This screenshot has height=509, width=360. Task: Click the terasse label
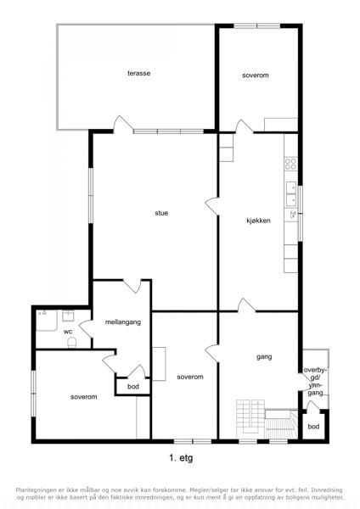pyautogui.click(x=138, y=73)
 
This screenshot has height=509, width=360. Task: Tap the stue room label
pyautogui.click(x=161, y=213)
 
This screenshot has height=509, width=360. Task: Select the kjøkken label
pyautogui.click(x=258, y=221)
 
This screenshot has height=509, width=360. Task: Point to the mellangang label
pyautogui.click(x=123, y=322)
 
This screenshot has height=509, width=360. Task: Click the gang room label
pyautogui.click(x=264, y=357)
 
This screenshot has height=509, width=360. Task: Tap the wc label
pyautogui.click(x=68, y=332)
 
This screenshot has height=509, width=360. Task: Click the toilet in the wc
pyautogui.click(x=72, y=343)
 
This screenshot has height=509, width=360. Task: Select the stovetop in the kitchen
pyautogui.click(x=290, y=164)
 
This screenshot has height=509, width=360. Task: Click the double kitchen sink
pyautogui.click(x=291, y=194)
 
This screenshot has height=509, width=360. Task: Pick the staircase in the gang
pyautogui.click(x=267, y=420)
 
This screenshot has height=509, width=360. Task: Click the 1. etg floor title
pyautogui.click(x=181, y=458)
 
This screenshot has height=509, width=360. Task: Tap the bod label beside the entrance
pyautogui.click(x=313, y=427)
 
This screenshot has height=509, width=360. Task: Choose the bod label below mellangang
pyautogui.click(x=133, y=387)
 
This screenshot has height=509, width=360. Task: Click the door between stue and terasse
pyautogui.click(x=123, y=125)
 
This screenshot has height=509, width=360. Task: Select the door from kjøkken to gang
pyautogui.click(x=246, y=305)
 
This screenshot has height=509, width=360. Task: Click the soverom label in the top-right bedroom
pyautogui.click(x=256, y=76)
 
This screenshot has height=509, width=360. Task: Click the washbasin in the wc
pyautogui.click(x=68, y=316)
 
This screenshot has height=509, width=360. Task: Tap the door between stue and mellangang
pyautogui.click(x=132, y=286)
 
